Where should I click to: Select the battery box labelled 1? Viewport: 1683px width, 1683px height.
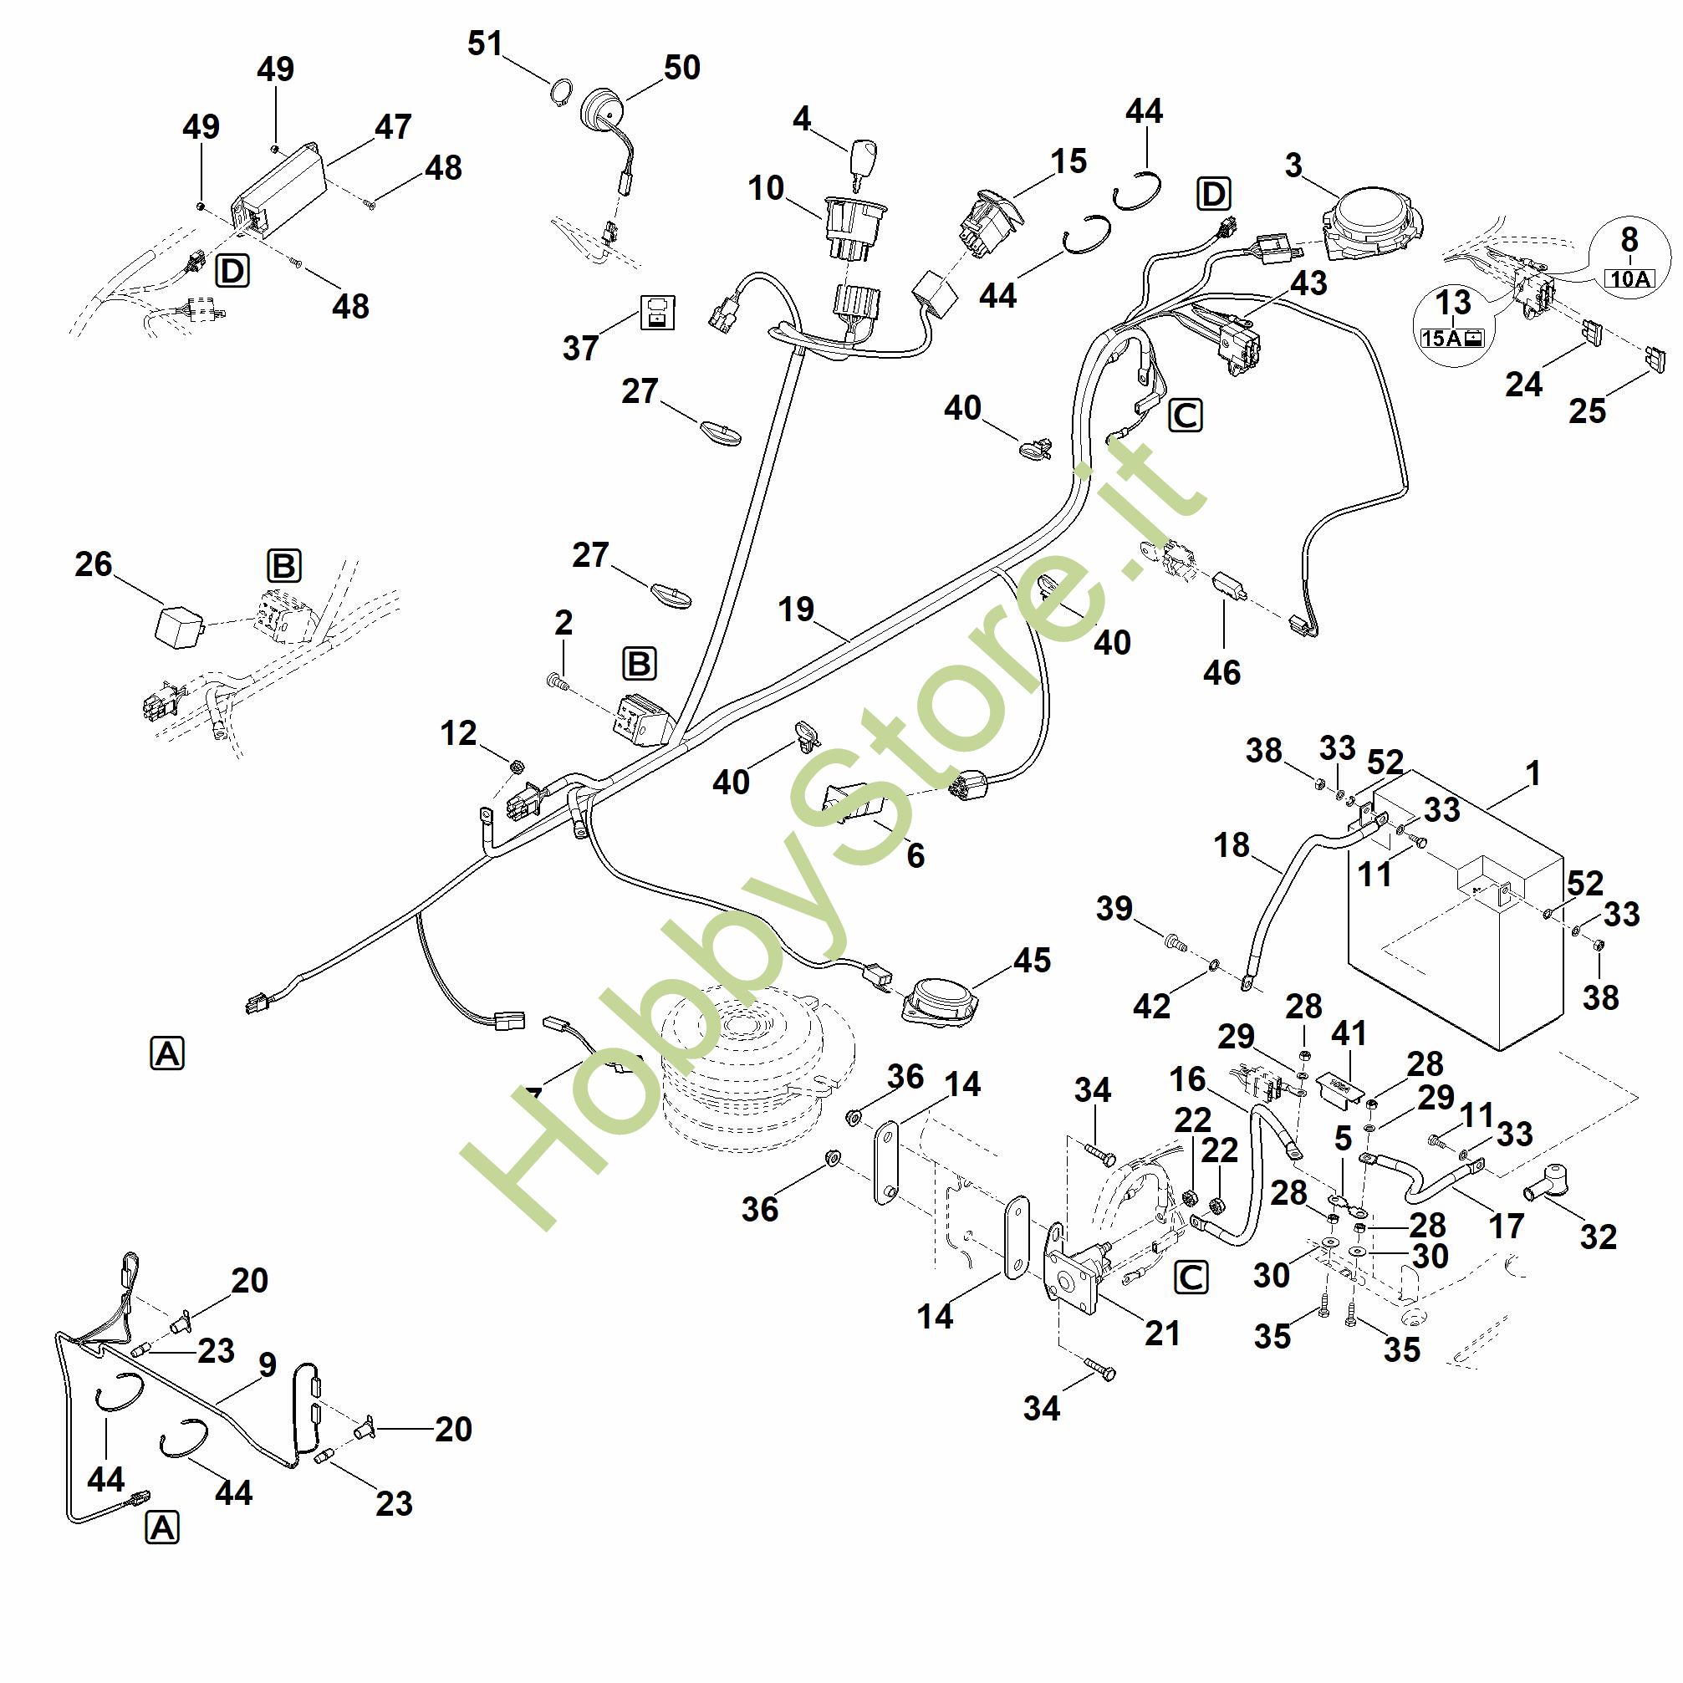tap(1463, 910)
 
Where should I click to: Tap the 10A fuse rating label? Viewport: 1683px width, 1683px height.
tap(1630, 278)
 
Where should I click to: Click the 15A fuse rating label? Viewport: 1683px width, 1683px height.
tap(1452, 337)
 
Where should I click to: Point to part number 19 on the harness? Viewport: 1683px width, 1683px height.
tap(795, 609)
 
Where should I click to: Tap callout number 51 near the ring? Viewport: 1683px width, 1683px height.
tap(485, 43)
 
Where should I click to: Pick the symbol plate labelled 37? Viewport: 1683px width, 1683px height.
tap(660, 312)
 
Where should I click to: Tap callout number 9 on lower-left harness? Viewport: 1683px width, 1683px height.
tap(268, 1365)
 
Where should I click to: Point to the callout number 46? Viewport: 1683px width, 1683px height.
tap(1221, 672)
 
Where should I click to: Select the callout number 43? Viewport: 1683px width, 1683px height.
tap(1308, 283)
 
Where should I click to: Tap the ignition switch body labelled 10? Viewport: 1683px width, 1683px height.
tap(854, 228)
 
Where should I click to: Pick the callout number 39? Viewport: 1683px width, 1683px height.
tap(1114, 908)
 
